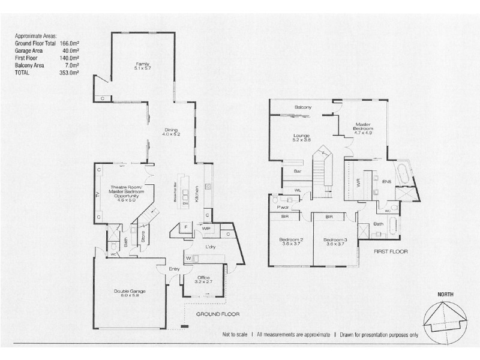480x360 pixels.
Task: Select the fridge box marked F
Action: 187,227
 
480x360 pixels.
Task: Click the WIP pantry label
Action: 206,229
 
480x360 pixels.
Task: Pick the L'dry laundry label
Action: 210,247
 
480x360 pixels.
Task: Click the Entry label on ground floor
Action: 174,268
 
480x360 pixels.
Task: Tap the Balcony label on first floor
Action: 302,107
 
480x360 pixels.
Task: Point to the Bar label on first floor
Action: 296,171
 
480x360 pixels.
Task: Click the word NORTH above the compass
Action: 445,294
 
